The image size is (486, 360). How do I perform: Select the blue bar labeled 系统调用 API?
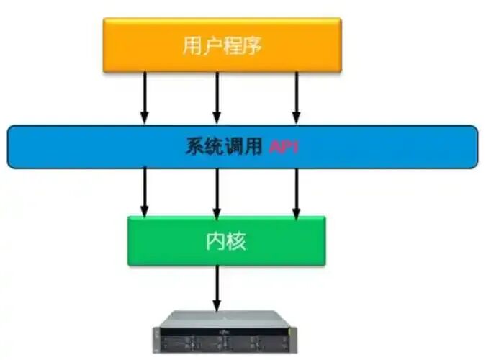tap(86, 147)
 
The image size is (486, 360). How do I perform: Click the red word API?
tap(284, 147)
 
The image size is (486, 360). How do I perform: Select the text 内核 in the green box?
tap(225, 240)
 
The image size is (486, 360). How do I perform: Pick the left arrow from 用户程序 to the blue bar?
tap(144, 97)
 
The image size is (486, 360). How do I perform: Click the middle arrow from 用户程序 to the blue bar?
tap(215, 97)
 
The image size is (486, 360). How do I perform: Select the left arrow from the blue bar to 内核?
tap(144, 191)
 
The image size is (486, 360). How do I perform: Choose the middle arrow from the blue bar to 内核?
tap(215, 191)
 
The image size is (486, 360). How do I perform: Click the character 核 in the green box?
tap(235, 240)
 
